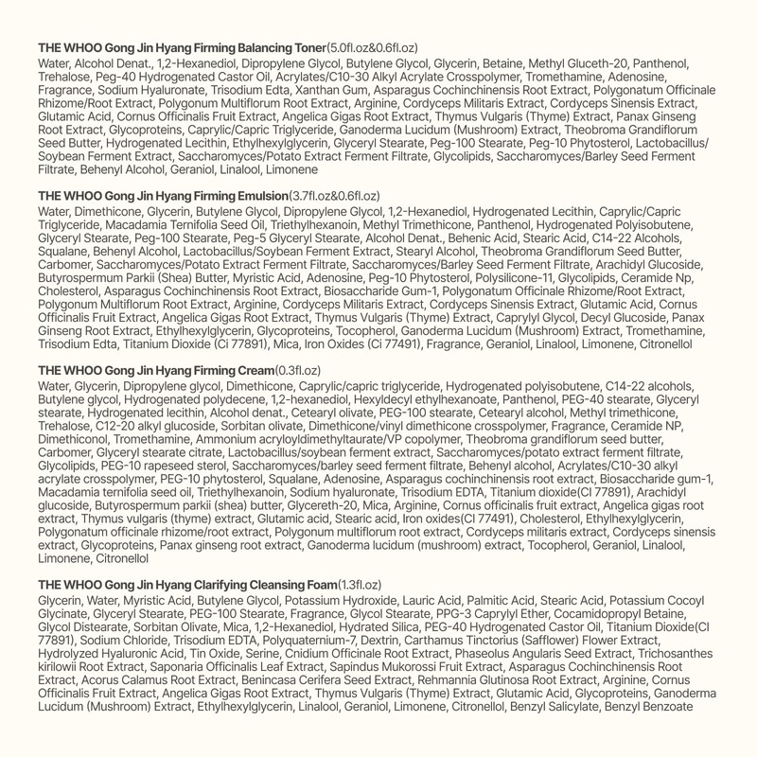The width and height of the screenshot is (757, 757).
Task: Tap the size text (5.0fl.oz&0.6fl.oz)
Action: point(372,47)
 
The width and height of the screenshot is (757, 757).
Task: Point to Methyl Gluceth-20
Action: point(566,62)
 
